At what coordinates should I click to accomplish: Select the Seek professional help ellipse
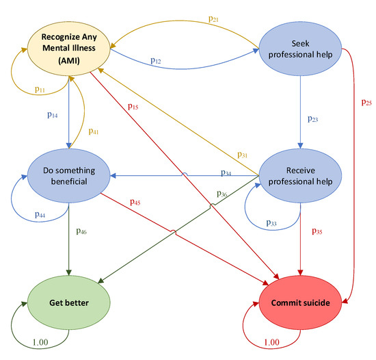pos(301,47)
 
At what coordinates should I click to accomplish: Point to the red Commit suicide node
pos(299,303)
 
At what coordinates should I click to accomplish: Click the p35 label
pos(318,231)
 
